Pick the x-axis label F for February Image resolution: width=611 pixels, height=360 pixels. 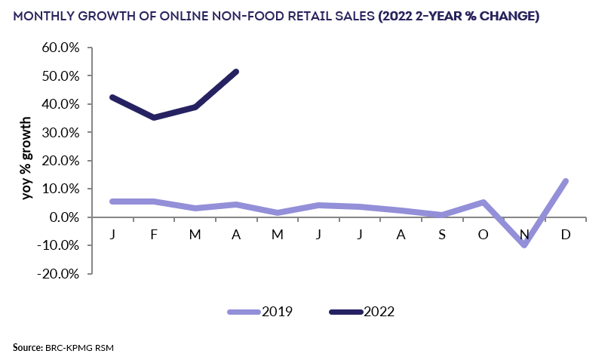pyautogui.click(x=154, y=235)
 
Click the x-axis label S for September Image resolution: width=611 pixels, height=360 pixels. pyautogui.click(x=442, y=235)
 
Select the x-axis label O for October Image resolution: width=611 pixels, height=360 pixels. pyautogui.click(x=483, y=235)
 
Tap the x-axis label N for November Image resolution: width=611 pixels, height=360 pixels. pyautogui.click(x=524, y=235)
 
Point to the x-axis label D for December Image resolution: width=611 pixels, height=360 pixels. pyautogui.click(x=565, y=235)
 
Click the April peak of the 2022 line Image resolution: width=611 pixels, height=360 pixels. pyautogui.click(x=236, y=72)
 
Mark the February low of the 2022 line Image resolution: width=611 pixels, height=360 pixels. pyautogui.click(x=154, y=117)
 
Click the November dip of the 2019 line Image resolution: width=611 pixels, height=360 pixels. pyautogui.click(x=524, y=245)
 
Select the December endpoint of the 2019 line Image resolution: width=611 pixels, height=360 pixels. pyautogui.click(x=565, y=181)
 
